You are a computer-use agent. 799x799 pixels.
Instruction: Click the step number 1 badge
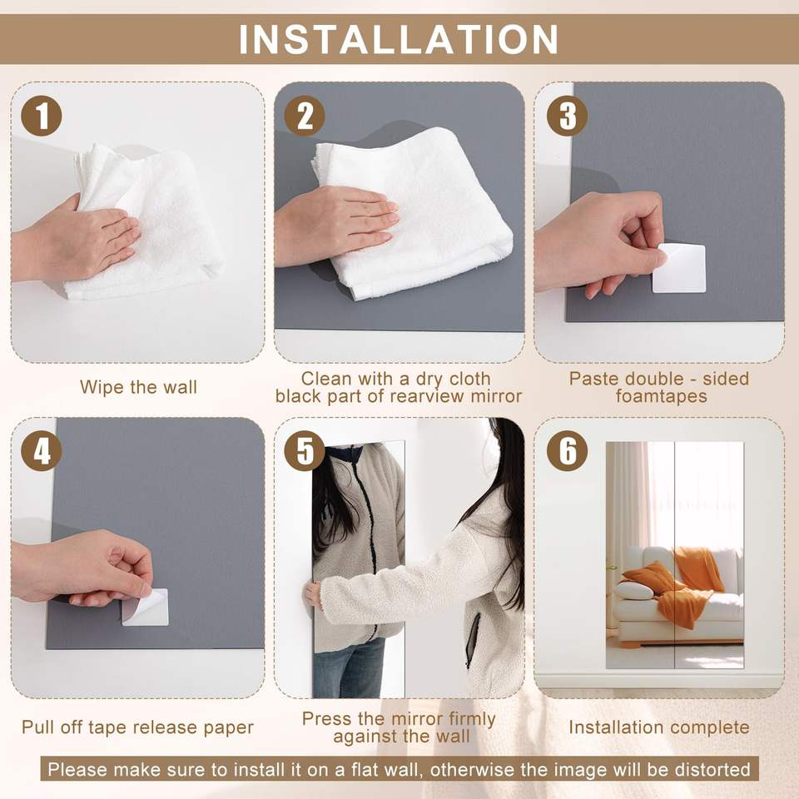(42, 116)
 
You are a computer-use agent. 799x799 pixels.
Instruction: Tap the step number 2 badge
(305, 116)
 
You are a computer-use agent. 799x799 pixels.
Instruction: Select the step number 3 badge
(567, 116)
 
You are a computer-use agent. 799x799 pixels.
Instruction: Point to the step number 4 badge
(42, 451)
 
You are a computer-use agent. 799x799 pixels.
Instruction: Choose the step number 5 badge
(305, 451)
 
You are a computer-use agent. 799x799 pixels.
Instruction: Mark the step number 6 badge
(567, 451)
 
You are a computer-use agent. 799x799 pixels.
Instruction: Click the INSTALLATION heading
(399, 39)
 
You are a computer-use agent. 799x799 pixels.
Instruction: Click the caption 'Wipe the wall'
(138, 387)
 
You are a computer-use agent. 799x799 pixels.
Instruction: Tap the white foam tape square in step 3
(679, 268)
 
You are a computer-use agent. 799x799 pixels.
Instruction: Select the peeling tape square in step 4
(146, 608)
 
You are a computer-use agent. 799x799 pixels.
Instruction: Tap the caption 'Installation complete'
(659, 727)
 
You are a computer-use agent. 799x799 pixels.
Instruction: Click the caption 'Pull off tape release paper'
(137, 727)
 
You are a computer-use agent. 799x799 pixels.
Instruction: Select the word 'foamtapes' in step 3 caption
(661, 396)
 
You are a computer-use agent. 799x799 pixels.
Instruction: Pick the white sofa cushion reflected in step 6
(634, 591)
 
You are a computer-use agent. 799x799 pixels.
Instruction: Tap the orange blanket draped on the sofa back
(698, 568)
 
